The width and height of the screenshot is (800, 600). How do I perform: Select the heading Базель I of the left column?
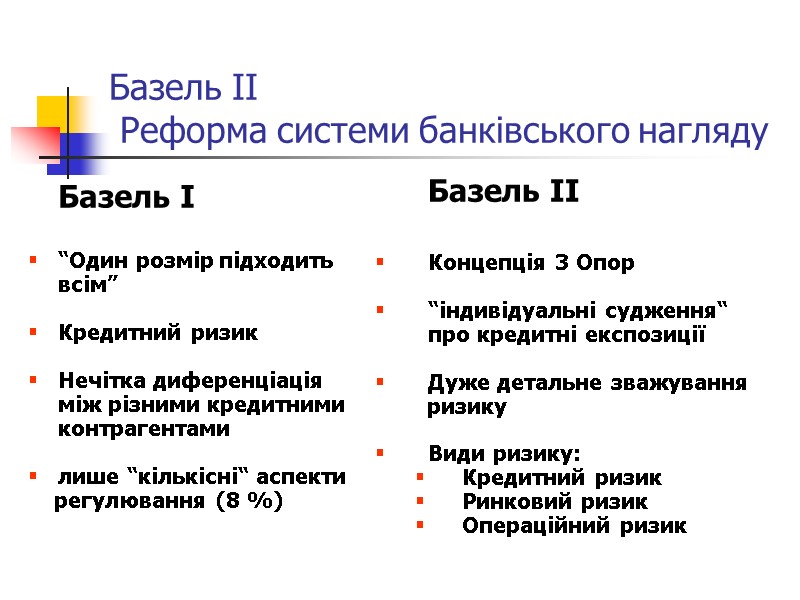[127, 198]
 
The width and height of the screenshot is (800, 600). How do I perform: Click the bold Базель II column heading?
[503, 191]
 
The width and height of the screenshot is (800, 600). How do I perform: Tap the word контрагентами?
[144, 429]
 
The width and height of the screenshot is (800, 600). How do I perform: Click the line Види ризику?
[503, 453]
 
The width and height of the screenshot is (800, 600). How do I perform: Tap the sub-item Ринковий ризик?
[555, 501]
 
